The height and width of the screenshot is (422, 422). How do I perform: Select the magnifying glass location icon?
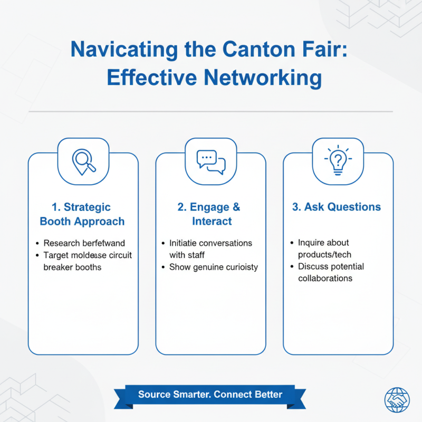click(x=83, y=160)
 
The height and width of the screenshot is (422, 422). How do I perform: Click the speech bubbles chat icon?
click(x=211, y=161)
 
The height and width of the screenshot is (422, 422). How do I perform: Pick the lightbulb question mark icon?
click(x=338, y=161)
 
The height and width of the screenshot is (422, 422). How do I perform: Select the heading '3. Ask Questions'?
click(x=337, y=207)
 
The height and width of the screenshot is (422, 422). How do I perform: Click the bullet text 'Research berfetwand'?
click(x=84, y=243)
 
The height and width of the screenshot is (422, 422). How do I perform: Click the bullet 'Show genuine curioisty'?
click(x=214, y=267)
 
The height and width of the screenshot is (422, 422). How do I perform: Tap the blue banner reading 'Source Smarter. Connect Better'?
click(x=210, y=395)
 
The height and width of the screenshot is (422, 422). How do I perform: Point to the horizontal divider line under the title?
click(x=211, y=112)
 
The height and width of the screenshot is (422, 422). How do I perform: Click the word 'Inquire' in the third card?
click(x=312, y=243)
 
